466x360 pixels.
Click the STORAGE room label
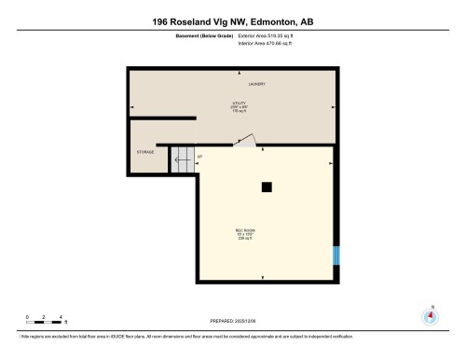click(x=145, y=152)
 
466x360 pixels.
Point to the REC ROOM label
click(x=245, y=230)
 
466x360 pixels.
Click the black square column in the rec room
click(x=267, y=187)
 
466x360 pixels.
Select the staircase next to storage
click(x=182, y=160)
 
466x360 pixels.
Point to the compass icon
click(x=430, y=315)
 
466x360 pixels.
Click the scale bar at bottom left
click(x=44, y=324)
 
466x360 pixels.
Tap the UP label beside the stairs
click(x=200, y=154)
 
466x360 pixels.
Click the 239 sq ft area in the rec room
click(x=245, y=240)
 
